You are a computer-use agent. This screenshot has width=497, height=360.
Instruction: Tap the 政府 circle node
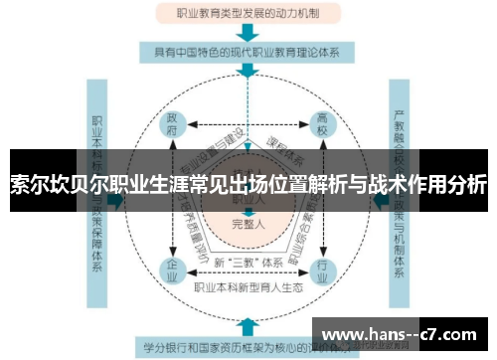pyautogui.click(x=172, y=127)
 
